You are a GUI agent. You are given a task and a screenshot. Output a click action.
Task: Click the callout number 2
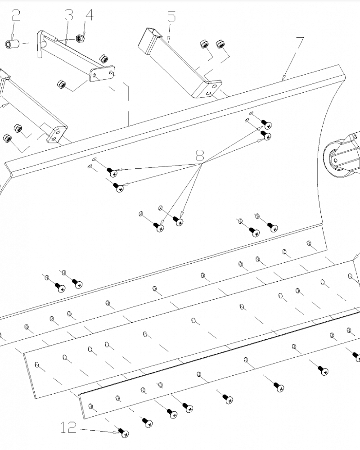pos(15,17)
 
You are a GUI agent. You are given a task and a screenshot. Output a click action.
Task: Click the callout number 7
pos(299,44)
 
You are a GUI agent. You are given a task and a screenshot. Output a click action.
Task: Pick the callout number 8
pos(200,156)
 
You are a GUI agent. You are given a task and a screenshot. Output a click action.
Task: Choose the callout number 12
pos(68,427)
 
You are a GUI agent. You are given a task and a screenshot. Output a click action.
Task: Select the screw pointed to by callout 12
pos(123,433)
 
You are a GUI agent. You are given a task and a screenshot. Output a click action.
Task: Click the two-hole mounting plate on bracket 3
pos(102,73)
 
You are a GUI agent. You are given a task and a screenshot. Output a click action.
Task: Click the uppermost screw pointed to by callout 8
pos(266,124)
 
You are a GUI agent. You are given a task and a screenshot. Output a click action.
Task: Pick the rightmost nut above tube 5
pos(220,44)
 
